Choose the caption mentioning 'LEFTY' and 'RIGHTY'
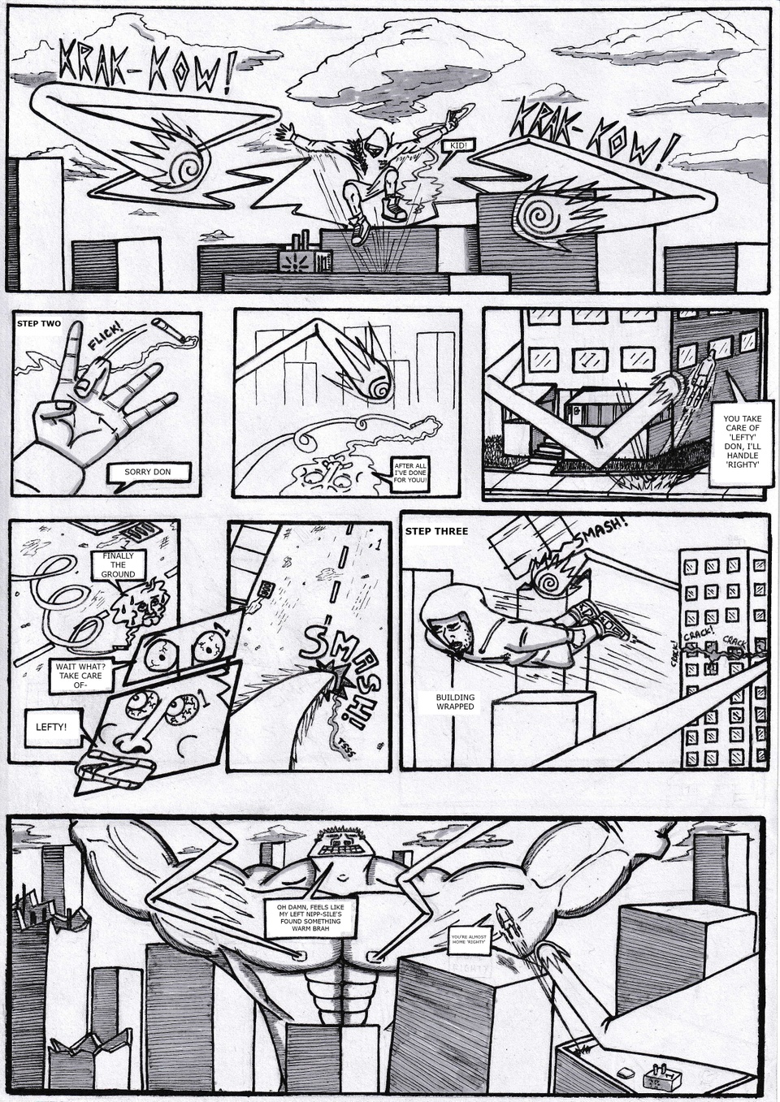(x=741, y=442)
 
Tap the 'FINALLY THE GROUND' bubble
(x=118, y=564)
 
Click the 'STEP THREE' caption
(x=437, y=531)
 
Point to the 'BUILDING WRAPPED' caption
(x=455, y=702)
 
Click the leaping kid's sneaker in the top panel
(x=395, y=210)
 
